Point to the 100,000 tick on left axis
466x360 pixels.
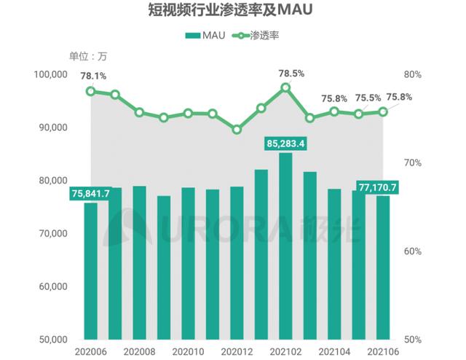click(x=50, y=74)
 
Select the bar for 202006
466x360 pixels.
click(x=91, y=270)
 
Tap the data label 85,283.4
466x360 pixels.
click(x=285, y=143)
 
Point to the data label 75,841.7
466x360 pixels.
click(x=91, y=193)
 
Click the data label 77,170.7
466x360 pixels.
click(x=377, y=187)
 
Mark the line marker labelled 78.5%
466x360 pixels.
click(x=285, y=87)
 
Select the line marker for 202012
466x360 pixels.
click(x=237, y=130)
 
